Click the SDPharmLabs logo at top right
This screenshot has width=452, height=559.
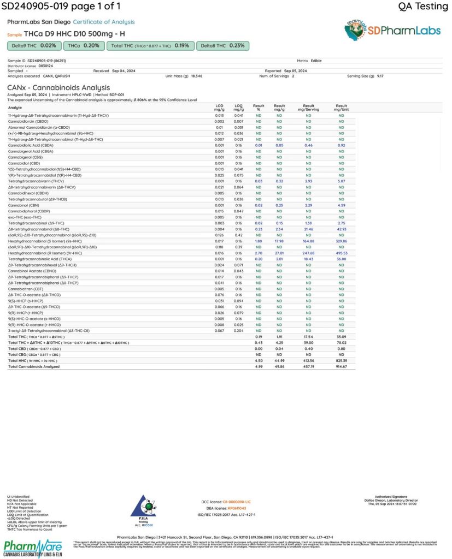click(x=392, y=31)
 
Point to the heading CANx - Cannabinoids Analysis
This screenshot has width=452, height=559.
click(x=58, y=87)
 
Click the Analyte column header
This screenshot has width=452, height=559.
click(x=14, y=108)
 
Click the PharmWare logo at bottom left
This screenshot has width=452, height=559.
click(x=32, y=548)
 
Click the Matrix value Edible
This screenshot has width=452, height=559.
click(x=316, y=61)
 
